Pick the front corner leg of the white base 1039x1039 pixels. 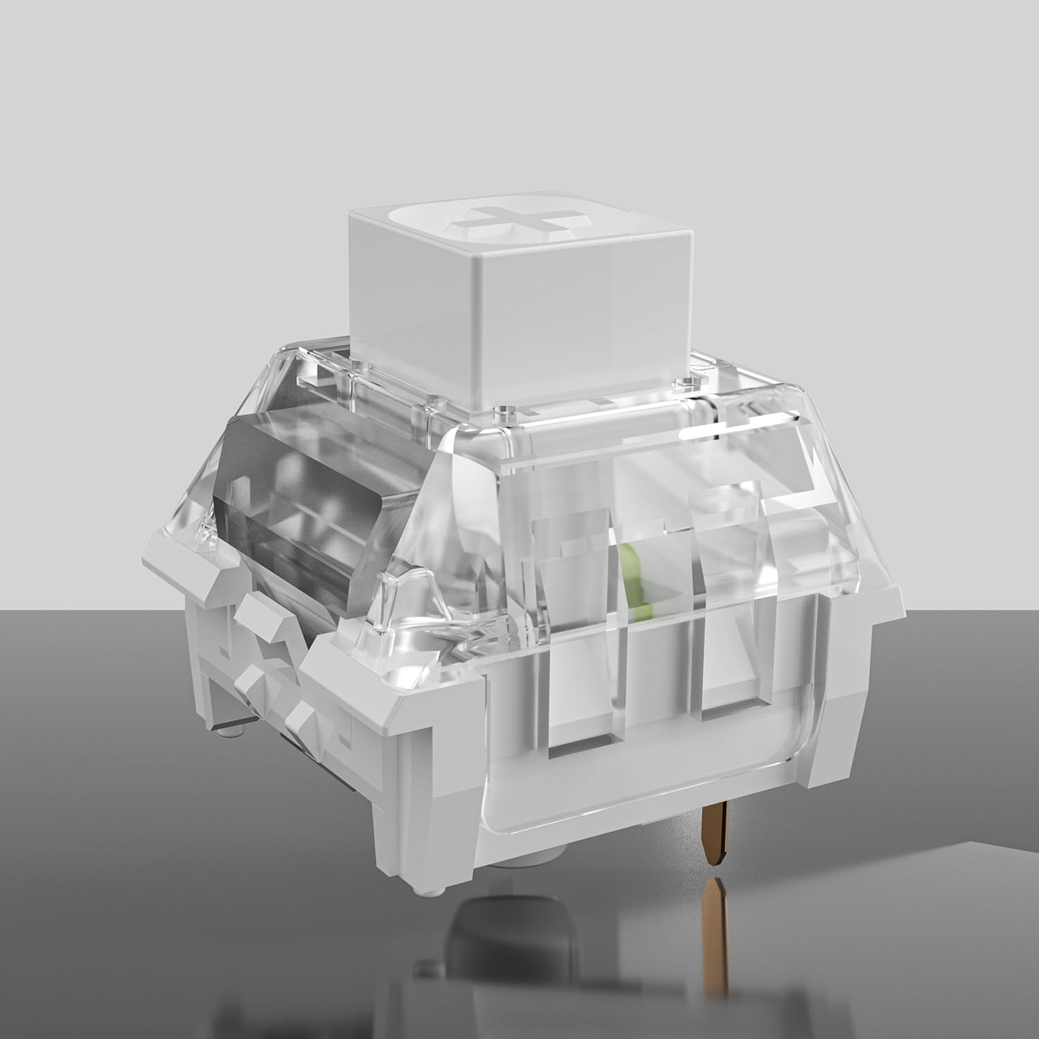(416, 797)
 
